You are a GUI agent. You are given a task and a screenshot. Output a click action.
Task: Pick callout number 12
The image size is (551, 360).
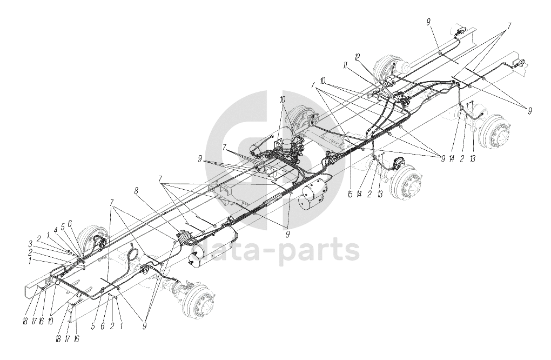click(x=358, y=56)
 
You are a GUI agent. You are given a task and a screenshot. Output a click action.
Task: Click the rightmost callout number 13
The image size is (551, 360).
click(x=473, y=159)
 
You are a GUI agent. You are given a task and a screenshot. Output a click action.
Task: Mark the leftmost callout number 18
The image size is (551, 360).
click(x=25, y=322)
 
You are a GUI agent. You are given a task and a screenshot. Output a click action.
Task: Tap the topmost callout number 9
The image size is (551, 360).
click(x=428, y=22)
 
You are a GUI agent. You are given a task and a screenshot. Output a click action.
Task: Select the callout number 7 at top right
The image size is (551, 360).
click(x=508, y=25)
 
